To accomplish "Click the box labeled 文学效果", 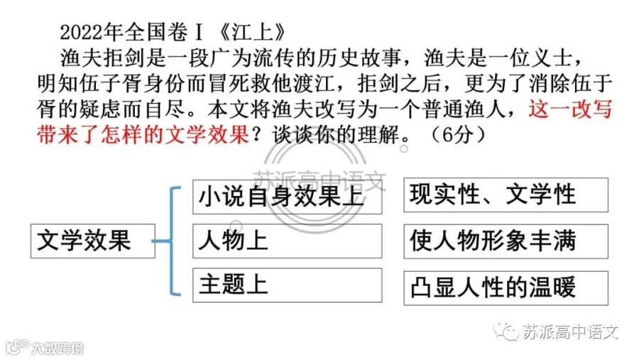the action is pyautogui.click(x=93, y=241).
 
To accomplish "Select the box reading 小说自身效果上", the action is pyautogui.click(x=288, y=197).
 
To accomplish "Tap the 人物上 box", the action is pyautogui.click(x=288, y=241).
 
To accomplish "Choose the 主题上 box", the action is pyautogui.click(x=288, y=285).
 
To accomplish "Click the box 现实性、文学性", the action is pyautogui.click(x=506, y=195).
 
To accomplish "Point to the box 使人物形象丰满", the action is pyautogui.click(x=506, y=241).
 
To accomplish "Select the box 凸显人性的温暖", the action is pyautogui.click(x=506, y=288).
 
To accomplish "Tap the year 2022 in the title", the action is pyautogui.click(x=82, y=33).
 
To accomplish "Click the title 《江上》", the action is pyautogui.click(x=252, y=33).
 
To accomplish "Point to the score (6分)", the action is pyautogui.click(x=459, y=134).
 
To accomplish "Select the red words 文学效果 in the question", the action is pyautogui.click(x=207, y=134).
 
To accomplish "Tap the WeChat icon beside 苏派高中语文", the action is pyautogui.click(x=506, y=331).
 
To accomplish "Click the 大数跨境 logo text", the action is pyautogui.click(x=58, y=348).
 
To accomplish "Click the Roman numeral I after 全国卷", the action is pyautogui.click(x=200, y=33).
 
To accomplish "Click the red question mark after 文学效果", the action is pyautogui.click(x=257, y=134).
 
